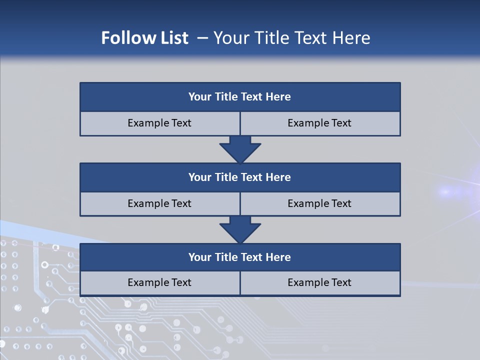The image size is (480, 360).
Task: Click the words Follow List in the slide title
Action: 145,38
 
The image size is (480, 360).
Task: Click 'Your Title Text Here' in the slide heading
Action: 292,38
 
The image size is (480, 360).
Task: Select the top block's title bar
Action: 240,97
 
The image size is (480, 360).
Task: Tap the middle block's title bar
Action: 240,177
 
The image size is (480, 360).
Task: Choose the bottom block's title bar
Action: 240,257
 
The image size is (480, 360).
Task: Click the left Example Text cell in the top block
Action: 160,123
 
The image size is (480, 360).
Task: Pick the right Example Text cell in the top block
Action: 320,123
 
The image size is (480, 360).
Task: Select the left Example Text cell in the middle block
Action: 160,203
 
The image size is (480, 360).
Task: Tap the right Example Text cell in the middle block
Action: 320,203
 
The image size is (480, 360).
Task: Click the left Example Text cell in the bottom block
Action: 160,282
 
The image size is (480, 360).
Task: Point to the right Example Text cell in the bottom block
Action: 320,282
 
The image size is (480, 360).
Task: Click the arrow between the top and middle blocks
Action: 240,149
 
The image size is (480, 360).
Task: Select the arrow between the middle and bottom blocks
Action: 240,229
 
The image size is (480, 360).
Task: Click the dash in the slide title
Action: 202,38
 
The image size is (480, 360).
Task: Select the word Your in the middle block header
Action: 200,177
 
